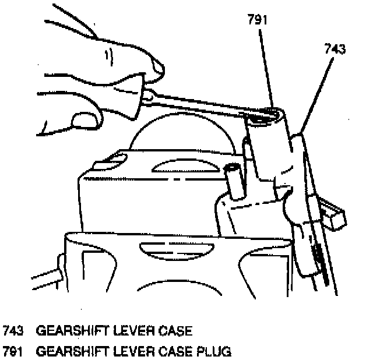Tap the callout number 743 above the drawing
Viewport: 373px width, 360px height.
click(x=334, y=50)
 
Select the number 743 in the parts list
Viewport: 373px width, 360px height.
click(x=14, y=331)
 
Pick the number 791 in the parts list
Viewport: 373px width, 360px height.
click(x=14, y=351)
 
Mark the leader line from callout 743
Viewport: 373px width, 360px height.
click(x=318, y=87)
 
